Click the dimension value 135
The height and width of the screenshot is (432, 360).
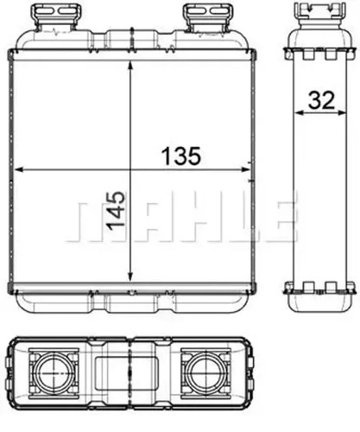click(180, 156)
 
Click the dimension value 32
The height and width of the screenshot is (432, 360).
click(321, 100)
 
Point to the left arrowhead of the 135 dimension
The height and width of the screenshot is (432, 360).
click(19, 170)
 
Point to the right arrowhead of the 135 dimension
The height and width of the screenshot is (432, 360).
click(246, 170)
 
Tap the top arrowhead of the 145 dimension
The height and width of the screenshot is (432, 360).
click(130, 65)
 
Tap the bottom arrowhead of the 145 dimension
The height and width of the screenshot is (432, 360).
click(130, 276)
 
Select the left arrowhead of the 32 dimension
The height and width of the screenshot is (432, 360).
click(299, 112)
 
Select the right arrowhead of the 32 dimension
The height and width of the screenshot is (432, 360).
click(342, 112)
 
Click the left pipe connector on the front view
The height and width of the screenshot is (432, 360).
click(56, 16)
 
